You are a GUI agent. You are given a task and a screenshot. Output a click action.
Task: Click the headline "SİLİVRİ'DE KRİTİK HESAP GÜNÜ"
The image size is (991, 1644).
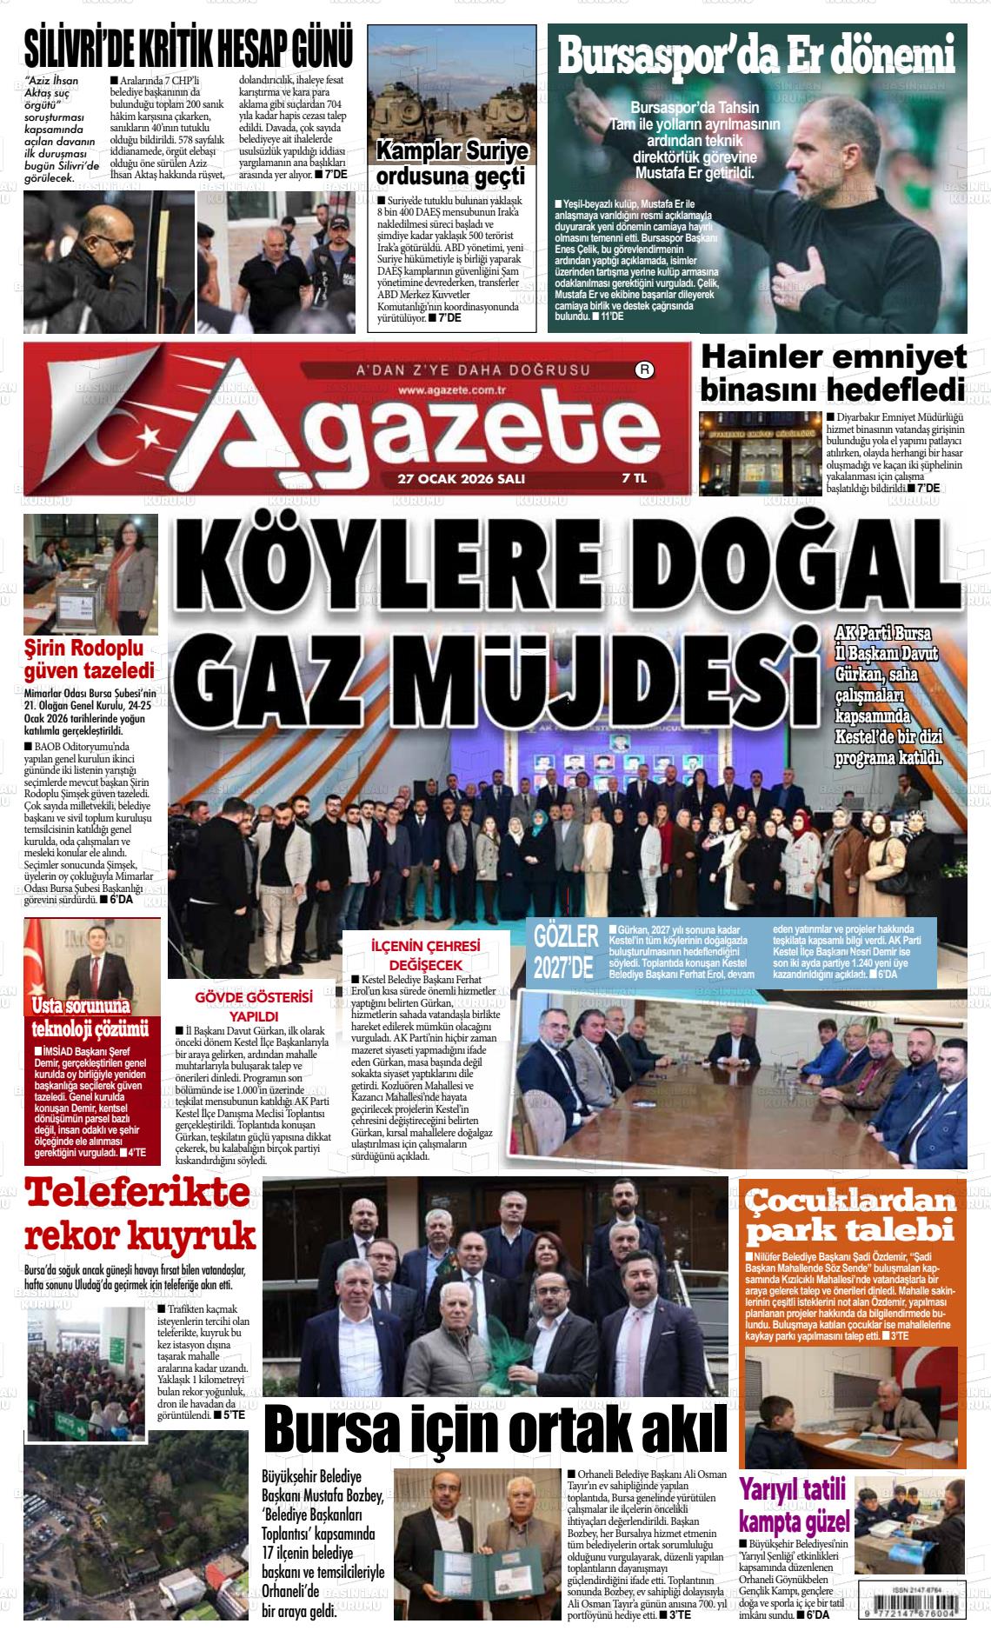[x=189, y=47]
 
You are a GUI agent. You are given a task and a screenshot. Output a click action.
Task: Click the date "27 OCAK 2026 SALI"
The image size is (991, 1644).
[x=461, y=478]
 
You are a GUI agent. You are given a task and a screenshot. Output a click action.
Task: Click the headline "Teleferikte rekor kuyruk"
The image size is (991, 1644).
[x=141, y=1215]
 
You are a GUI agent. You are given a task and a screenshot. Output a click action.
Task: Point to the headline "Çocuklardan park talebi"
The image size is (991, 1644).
[x=852, y=1216]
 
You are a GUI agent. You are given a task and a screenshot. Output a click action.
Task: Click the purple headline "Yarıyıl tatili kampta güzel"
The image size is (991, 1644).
[x=792, y=1504]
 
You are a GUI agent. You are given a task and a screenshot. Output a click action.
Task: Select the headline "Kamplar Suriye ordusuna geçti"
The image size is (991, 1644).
[x=451, y=163]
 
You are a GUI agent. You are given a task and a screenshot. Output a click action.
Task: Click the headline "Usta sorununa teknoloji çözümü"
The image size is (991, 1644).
[x=90, y=1018]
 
